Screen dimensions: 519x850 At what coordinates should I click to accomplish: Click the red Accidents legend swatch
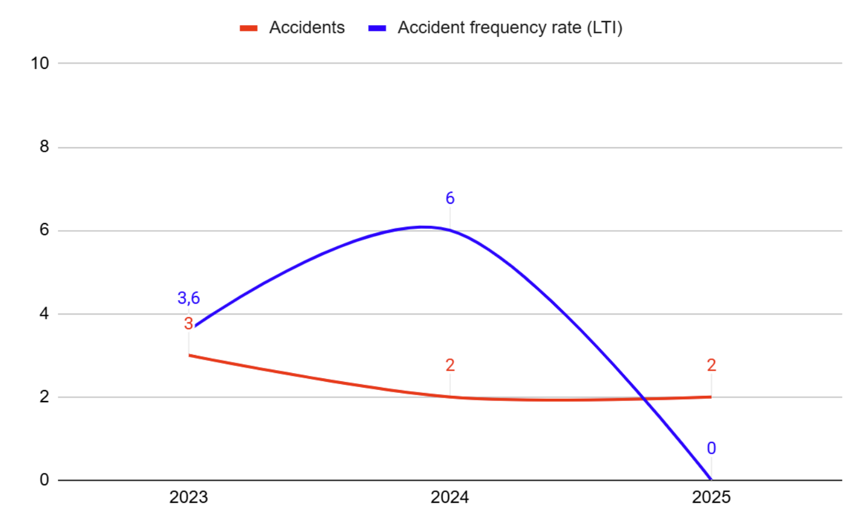pyautogui.click(x=248, y=28)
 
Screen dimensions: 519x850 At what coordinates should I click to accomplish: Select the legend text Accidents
pyautogui.click(x=307, y=27)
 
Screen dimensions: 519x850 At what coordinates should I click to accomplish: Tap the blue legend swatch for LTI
pyautogui.click(x=377, y=28)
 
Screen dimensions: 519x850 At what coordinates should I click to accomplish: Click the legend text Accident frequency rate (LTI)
pyautogui.click(x=509, y=27)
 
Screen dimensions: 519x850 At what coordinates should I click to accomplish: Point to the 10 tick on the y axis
pyautogui.click(x=40, y=63)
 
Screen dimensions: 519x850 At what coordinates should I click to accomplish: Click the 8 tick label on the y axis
pyautogui.click(x=44, y=147)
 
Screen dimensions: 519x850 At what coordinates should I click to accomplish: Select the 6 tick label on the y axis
pyautogui.click(x=44, y=230)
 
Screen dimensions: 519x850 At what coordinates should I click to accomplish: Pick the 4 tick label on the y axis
pyautogui.click(x=44, y=314)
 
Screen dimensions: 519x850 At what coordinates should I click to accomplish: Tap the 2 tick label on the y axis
pyautogui.click(x=44, y=397)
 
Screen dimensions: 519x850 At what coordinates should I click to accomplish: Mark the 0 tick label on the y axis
pyautogui.click(x=44, y=480)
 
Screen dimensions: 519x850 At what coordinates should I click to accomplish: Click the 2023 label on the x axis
pyautogui.click(x=188, y=497)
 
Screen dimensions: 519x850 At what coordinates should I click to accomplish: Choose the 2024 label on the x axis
pyautogui.click(x=449, y=497)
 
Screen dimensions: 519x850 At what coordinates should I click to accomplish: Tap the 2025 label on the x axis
pyautogui.click(x=711, y=497)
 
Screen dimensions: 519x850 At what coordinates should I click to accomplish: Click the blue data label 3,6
pyautogui.click(x=188, y=298)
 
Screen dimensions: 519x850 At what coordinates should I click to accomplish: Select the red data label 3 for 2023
pyautogui.click(x=188, y=323)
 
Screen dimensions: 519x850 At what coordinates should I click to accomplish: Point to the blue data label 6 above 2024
pyautogui.click(x=450, y=198)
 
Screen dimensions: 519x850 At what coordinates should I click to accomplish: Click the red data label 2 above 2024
pyautogui.click(x=450, y=365)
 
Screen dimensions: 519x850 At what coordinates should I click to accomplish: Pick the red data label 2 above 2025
pyautogui.click(x=711, y=365)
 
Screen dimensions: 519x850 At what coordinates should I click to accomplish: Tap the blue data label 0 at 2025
pyautogui.click(x=711, y=448)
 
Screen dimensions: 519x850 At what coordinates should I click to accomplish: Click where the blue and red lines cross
pyautogui.click(x=644, y=399)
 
